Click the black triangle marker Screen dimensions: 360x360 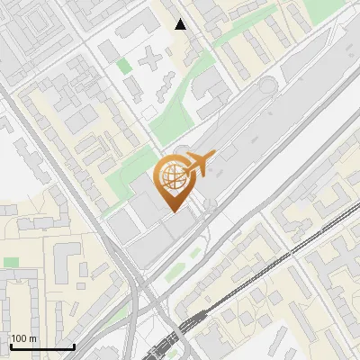181,24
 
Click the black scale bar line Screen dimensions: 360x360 41,346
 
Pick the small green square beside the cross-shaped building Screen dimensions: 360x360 123,65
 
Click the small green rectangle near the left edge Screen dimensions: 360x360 11,262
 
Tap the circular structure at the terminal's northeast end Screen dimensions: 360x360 267,86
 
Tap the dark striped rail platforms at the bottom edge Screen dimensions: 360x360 184,337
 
